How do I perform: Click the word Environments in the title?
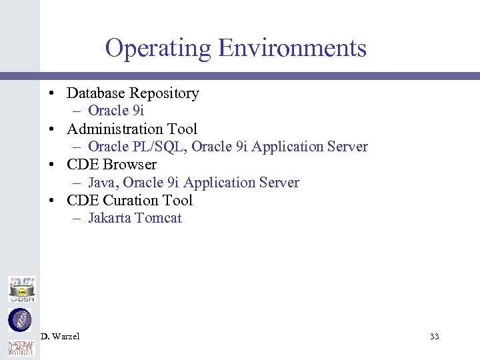click(293, 49)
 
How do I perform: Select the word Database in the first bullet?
click(96, 93)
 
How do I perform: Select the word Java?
click(102, 183)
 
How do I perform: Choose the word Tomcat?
click(158, 218)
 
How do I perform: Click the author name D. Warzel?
click(60, 336)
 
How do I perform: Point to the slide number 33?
click(434, 336)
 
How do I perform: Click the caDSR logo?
click(21, 289)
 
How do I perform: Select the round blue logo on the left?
click(19, 320)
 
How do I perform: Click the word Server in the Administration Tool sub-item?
click(348, 147)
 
